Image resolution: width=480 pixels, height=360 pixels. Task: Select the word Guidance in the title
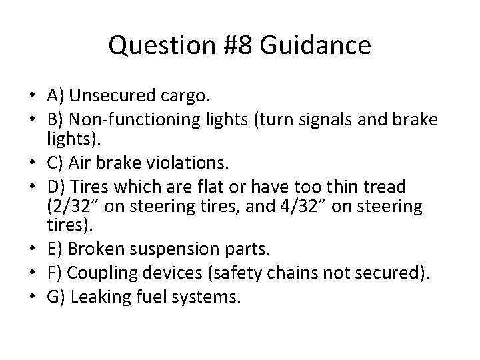(x=315, y=46)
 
